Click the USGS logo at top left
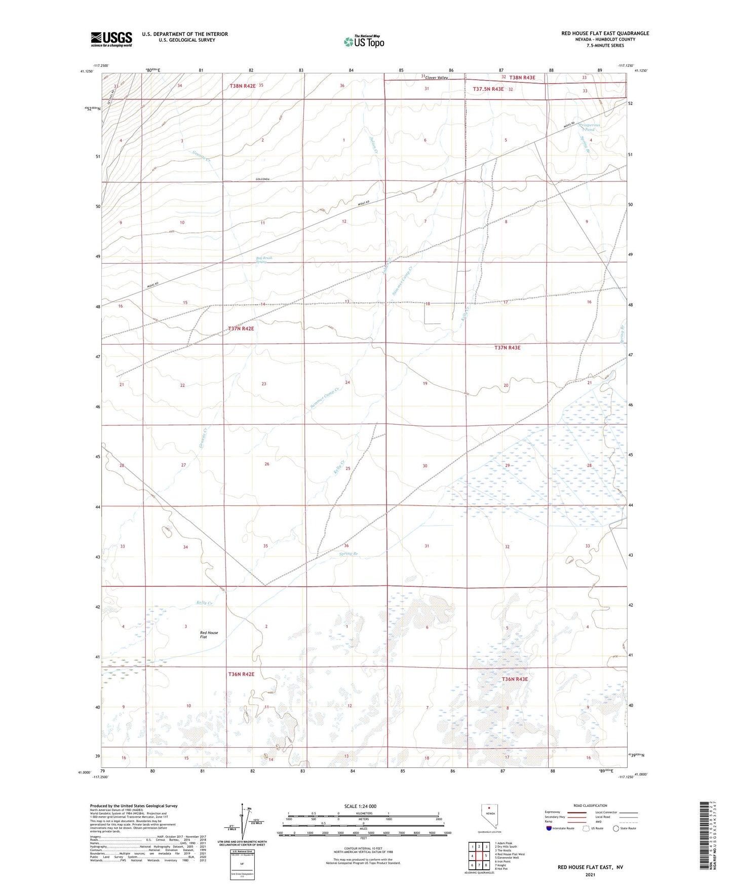(x=111, y=39)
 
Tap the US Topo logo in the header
(x=364, y=42)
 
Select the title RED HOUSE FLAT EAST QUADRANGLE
(x=605, y=33)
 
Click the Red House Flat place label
(x=209, y=635)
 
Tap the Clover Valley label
(x=437, y=78)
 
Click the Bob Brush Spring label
(x=264, y=260)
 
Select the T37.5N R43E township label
(x=488, y=89)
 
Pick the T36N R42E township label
(x=241, y=674)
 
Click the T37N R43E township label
(x=514, y=348)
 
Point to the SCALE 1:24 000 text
(x=360, y=806)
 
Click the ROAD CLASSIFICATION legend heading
(x=590, y=806)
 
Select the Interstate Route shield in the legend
(x=549, y=828)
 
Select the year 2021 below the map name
(x=590, y=875)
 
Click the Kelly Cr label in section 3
(x=204, y=603)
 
